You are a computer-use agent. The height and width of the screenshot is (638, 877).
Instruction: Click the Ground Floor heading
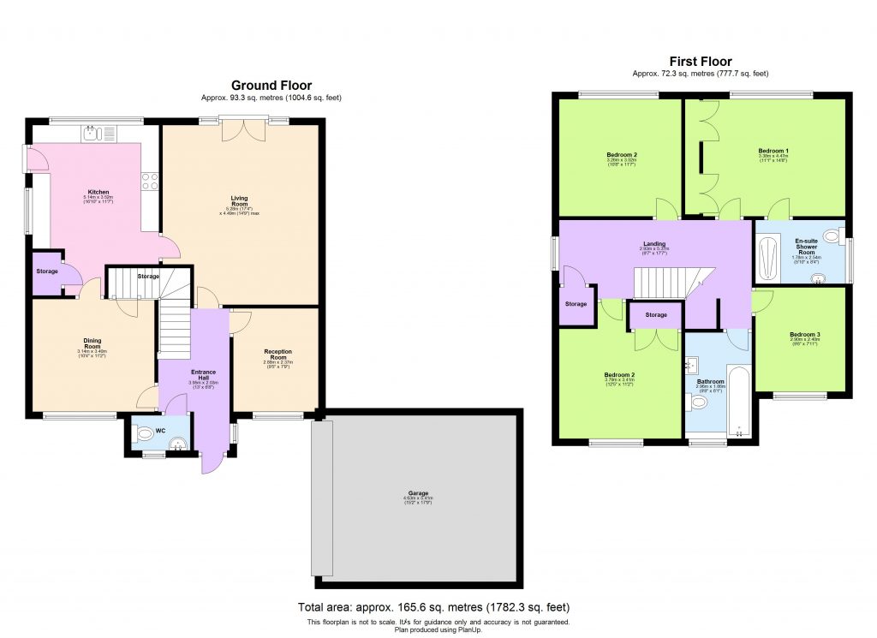coord(271,86)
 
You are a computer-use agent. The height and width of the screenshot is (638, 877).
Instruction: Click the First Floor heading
coord(700,62)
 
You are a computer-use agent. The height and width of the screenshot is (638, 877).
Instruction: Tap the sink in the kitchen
coord(93,134)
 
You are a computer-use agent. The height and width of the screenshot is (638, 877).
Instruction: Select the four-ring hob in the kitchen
coord(149,181)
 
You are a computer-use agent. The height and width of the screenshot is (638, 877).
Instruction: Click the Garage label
coord(417,493)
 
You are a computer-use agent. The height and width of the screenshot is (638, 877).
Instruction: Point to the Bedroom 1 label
coord(773,151)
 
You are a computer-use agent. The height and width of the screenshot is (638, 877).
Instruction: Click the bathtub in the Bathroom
coord(737,402)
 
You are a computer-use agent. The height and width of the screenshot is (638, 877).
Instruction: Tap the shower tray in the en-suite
coord(768,253)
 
